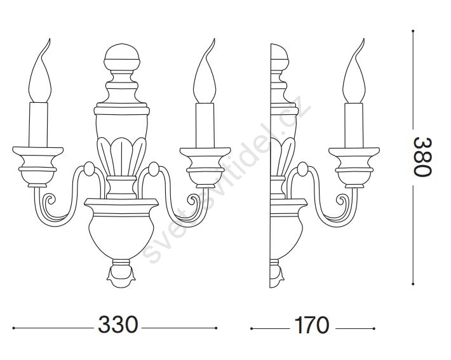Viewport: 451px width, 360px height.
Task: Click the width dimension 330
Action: click(118, 324)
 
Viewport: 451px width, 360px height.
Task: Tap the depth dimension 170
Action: click(311, 325)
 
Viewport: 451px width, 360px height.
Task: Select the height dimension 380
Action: click(423, 157)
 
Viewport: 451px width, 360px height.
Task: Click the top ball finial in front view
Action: click(122, 57)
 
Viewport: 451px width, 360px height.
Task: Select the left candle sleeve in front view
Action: click(38, 124)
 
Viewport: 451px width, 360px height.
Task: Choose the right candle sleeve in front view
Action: click(205, 125)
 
